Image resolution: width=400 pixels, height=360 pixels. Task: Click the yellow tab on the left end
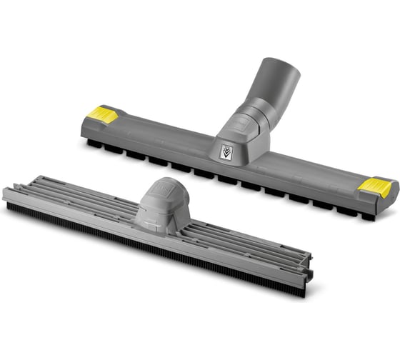[103, 115]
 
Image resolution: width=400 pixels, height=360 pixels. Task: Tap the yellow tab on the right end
[375, 188]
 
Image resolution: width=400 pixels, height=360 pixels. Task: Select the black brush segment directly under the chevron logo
[227, 179]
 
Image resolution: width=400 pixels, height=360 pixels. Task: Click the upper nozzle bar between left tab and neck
[157, 139]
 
